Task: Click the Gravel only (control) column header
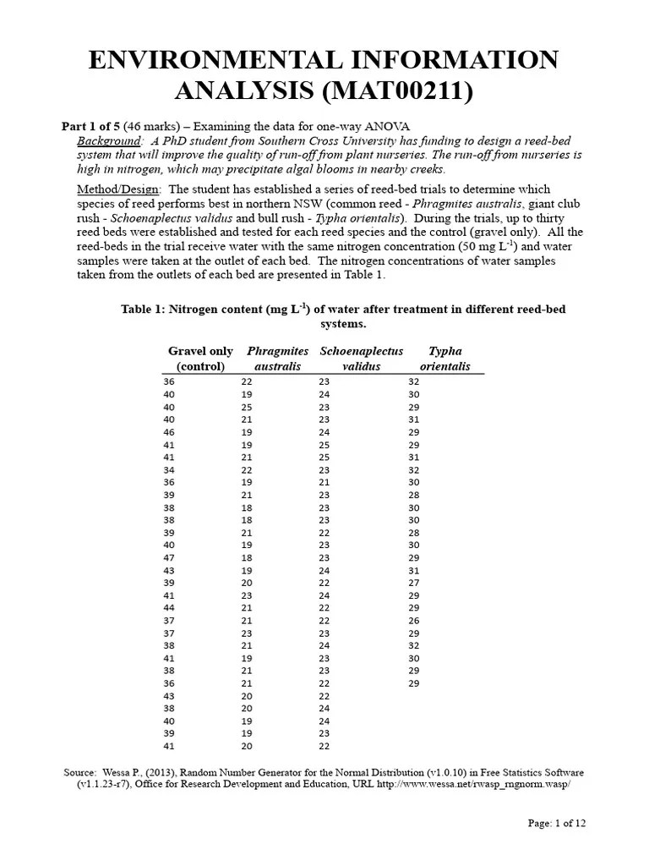(x=200, y=359)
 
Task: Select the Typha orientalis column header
(x=444, y=359)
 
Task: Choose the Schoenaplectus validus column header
(x=361, y=359)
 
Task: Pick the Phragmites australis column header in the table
(x=277, y=359)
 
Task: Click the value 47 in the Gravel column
(x=169, y=559)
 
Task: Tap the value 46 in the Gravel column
(x=169, y=432)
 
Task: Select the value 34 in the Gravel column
(x=169, y=470)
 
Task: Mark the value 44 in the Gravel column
(x=169, y=607)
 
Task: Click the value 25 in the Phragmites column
(x=247, y=407)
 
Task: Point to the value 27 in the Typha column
(x=414, y=583)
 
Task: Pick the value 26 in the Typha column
(x=414, y=620)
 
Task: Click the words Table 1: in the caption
(x=146, y=310)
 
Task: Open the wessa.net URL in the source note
(x=484, y=785)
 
